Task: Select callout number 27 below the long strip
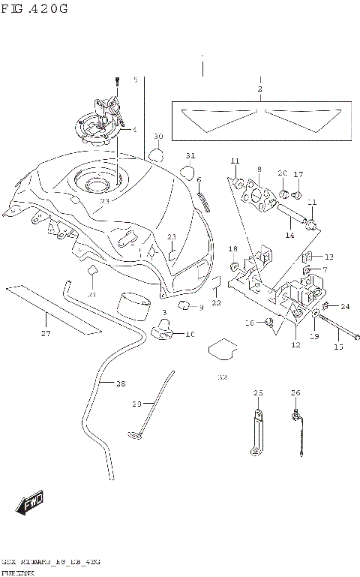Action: (46, 333)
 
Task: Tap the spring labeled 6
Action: (202, 202)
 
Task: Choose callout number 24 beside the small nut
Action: (345, 306)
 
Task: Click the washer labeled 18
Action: (236, 267)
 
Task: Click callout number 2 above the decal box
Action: (259, 89)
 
